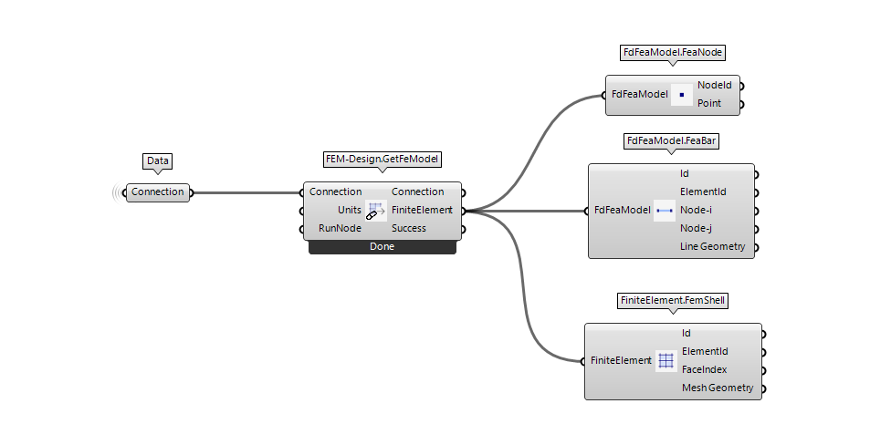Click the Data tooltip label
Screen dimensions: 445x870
[158, 160]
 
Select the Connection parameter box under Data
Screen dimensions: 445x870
[158, 191]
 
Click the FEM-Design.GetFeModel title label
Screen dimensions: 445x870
[383, 159]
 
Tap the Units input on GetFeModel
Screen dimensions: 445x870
[350, 210]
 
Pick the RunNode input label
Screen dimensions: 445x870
[340, 228]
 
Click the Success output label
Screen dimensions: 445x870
[409, 228]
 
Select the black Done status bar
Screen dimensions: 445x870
[382, 246]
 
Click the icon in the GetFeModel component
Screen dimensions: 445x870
[375, 211]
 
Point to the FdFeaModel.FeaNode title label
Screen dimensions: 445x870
[673, 53]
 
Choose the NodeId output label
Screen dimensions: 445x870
[715, 85]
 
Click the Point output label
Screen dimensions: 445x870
[709, 103]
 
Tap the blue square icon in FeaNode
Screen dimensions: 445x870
[681, 94]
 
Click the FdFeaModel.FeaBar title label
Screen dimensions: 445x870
[671, 141]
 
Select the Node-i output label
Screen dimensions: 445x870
[697, 210]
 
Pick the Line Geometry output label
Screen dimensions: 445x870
[712, 246]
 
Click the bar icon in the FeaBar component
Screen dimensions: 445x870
[665, 211]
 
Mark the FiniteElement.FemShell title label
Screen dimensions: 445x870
[673, 299]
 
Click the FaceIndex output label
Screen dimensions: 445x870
[704, 369]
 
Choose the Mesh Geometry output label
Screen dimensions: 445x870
[718, 388]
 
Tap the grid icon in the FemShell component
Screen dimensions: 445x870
[666, 361]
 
